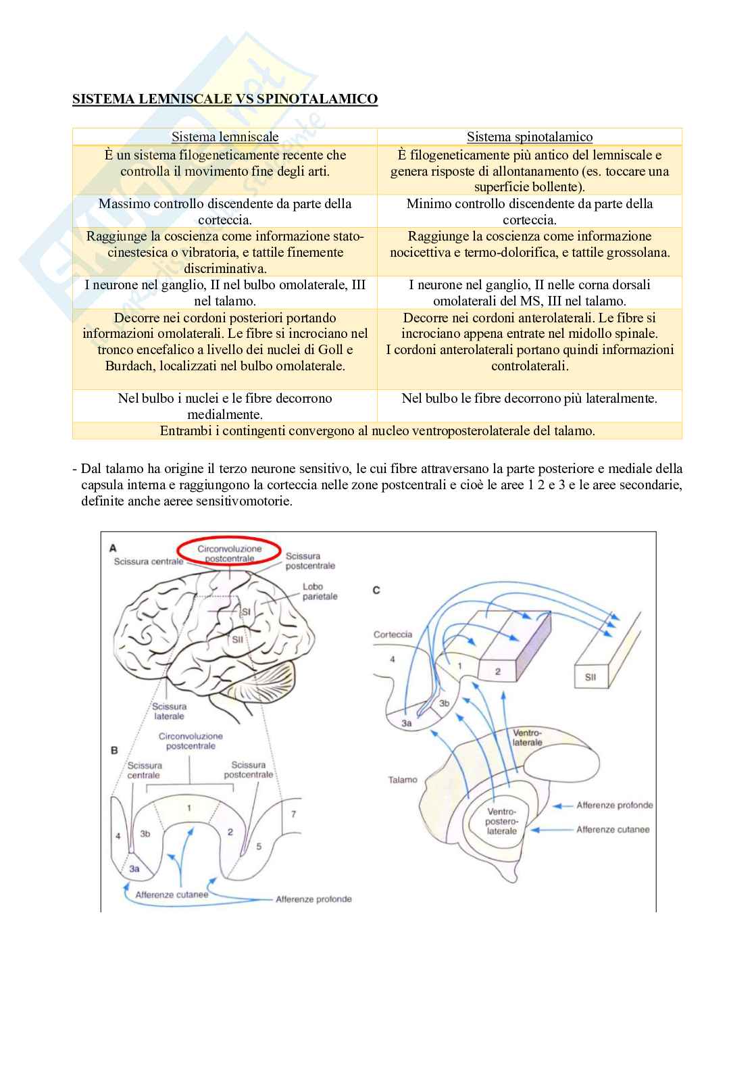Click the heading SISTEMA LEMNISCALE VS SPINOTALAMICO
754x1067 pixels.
[225, 99]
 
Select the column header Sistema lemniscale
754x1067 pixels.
[225, 137]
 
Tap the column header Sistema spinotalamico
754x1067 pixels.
[530, 137]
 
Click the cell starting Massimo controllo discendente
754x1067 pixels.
[225, 212]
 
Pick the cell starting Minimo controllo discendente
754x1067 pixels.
[530, 212]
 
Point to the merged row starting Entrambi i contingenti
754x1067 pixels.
[377, 430]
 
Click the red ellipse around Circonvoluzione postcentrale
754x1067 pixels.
[230, 553]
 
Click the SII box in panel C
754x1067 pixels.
[590, 676]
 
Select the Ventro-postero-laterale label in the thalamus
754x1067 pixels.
[501, 821]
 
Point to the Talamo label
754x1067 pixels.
[403, 780]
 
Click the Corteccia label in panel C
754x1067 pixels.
[393, 635]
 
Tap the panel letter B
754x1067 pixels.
[114, 750]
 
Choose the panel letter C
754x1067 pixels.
[376, 590]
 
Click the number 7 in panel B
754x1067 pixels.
[293, 814]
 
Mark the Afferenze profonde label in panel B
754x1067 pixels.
[313, 899]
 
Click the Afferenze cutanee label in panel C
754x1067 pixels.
[613, 829]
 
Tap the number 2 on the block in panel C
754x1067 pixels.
[498, 671]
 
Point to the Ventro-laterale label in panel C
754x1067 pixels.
[528, 737]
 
